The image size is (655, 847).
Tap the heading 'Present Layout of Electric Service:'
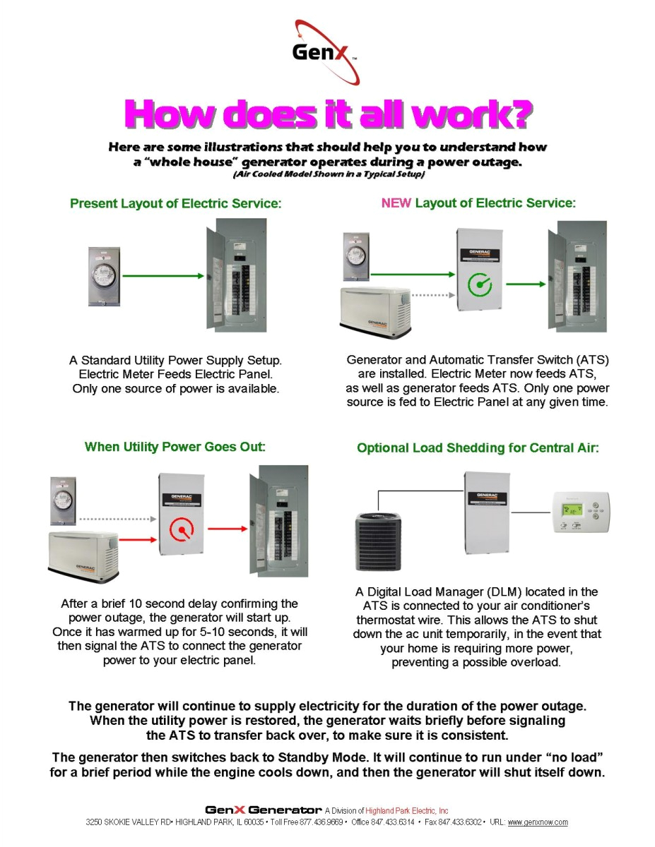click(176, 204)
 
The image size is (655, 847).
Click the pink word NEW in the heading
click(396, 203)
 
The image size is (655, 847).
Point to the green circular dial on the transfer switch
click(480, 284)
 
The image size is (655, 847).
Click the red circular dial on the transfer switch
click(182, 527)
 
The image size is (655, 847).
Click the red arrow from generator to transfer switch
click(137, 541)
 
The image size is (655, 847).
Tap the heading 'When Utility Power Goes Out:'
click(175, 447)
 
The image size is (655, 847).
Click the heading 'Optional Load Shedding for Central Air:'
click(478, 448)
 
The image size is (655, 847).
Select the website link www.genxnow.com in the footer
click(538, 822)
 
